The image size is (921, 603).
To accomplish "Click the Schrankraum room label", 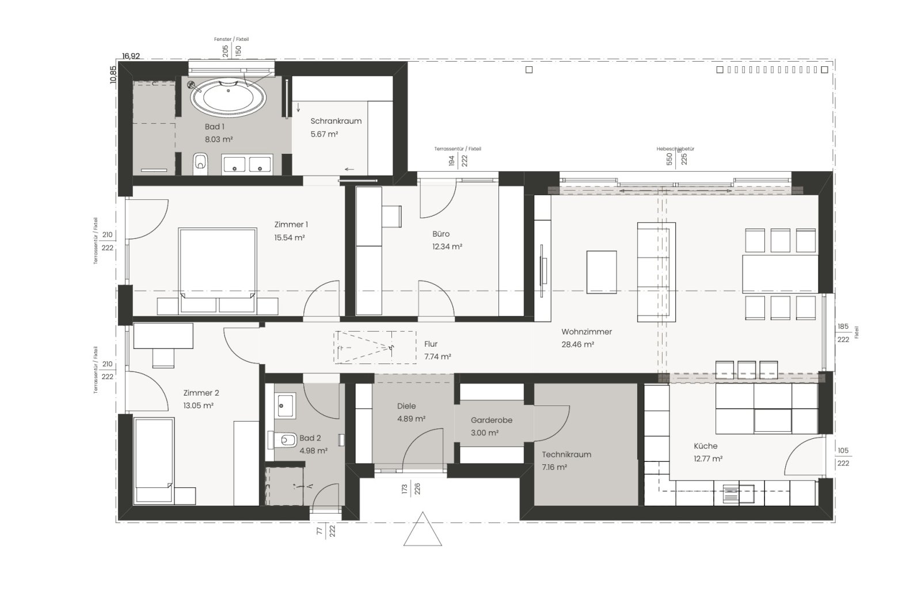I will [x=336, y=121].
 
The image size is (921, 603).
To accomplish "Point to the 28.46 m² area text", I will [x=577, y=344].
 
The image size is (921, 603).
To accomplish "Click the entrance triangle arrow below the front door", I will [x=423, y=530].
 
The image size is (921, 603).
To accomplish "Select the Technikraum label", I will [x=566, y=454].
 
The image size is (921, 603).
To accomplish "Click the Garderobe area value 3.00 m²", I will [x=484, y=433].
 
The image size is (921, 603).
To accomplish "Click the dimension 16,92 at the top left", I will [x=131, y=56].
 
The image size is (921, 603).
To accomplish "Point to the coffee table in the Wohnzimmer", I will [x=602, y=271].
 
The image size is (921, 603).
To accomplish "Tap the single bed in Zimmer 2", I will [x=154, y=453].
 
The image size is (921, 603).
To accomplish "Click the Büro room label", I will [x=441, y=234].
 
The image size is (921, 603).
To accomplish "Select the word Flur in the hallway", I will [x=431, y=344].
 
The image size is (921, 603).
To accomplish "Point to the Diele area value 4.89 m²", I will [x=411, y=419].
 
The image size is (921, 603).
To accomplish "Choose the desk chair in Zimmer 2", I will [x=163, y=357].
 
